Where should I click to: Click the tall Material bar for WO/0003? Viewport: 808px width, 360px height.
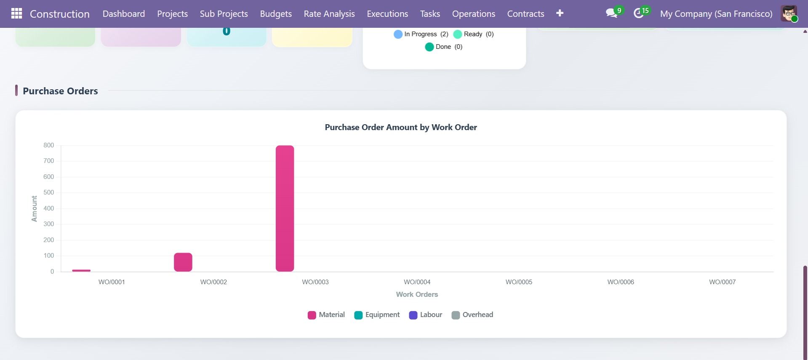[x=285, y=208]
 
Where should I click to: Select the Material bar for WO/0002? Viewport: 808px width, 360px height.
[x=183, y=262]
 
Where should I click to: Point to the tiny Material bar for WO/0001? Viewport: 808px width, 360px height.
[x=81, y=270]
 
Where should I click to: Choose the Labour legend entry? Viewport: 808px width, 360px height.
[x=426, y=315]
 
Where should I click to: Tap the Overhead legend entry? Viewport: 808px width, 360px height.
[x=472, y=315]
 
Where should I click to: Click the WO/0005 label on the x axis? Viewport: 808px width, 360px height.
[x=519, y=282]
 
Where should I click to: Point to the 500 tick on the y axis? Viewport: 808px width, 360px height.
[x=49, y=192]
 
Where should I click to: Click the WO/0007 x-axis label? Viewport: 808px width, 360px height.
[x=722, y=282]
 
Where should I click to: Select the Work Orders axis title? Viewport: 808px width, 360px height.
[x=417, y=294]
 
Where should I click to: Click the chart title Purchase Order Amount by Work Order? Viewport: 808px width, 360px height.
[x=401, y=127]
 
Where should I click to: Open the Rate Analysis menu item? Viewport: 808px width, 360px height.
[x=329, y=14]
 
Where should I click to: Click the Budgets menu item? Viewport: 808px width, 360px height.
[x=276, y=14]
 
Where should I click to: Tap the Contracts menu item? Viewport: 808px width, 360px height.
[x=525, y=14]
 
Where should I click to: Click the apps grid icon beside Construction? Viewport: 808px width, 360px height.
[x=16, y=13]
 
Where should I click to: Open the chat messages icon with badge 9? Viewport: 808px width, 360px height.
[x=611, y=13]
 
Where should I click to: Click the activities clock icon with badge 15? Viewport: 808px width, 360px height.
[x=639, y=13]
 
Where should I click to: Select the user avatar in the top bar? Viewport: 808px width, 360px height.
[x=789, y=13]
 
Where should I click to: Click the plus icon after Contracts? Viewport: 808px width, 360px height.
[x=560, y=13]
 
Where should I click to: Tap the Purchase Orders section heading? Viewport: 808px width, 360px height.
[x=60, y=91]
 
